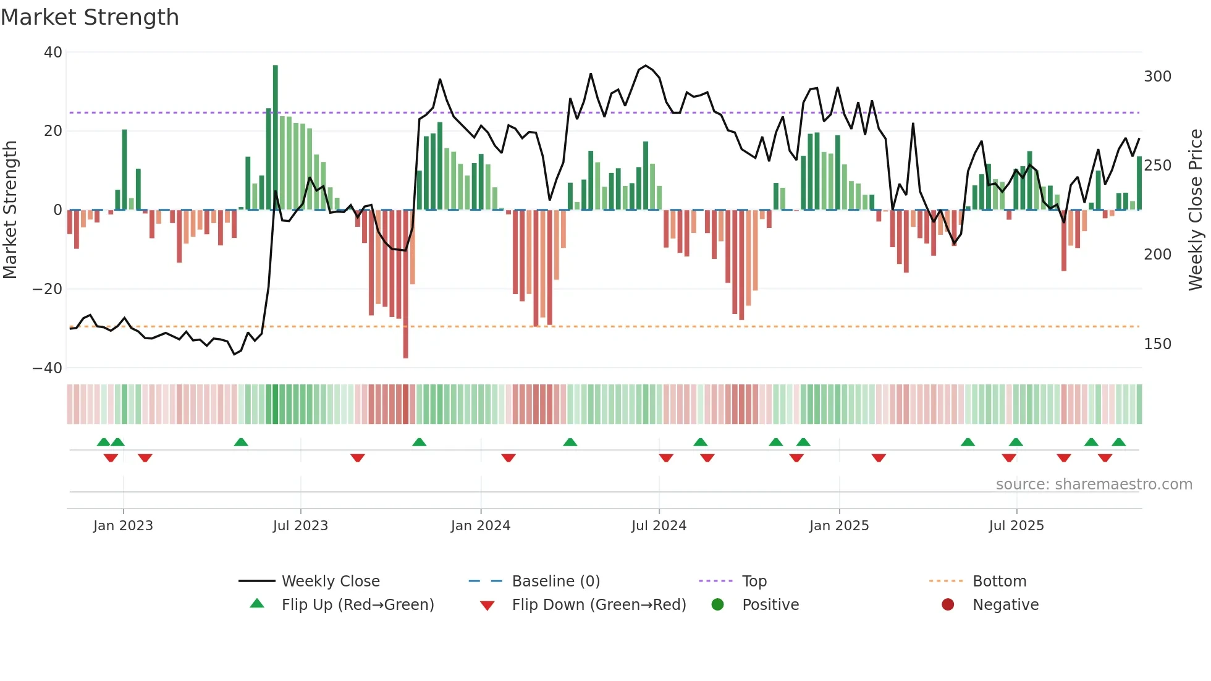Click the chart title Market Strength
coord(90,17)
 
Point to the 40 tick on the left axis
coord(53,53)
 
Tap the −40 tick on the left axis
coord(48,368)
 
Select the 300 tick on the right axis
coord(1157,77)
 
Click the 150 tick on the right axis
coord(1157,344)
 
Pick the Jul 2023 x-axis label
coord(300,526)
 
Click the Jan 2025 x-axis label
coord(839,526)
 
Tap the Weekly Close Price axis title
coord(1196,210)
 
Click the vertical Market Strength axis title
coord(11,210)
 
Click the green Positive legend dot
coord(717,604)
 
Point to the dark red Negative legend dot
coord(948,604)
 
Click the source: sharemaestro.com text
coord(1094,484)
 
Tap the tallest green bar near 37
coord(276,136)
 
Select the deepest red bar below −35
coord(406,284)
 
